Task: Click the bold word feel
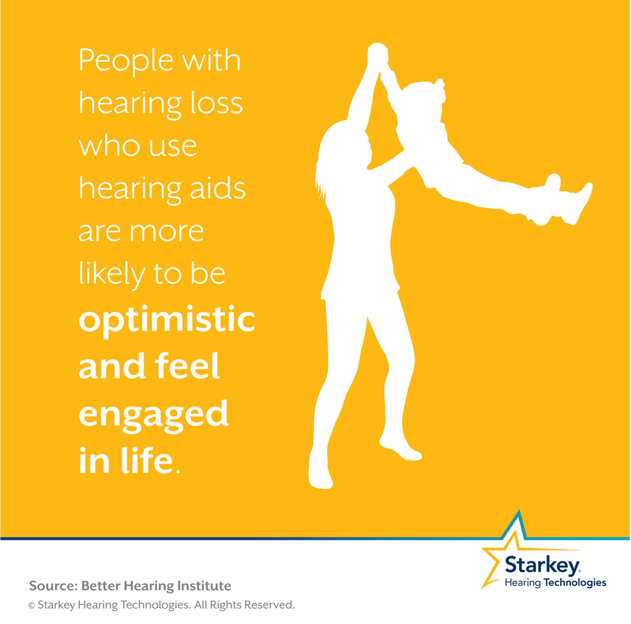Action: tap(187, 366)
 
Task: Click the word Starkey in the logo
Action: tap(542, 565)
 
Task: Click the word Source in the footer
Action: tap(52, 586)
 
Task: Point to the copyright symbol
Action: tap(31, 606)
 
